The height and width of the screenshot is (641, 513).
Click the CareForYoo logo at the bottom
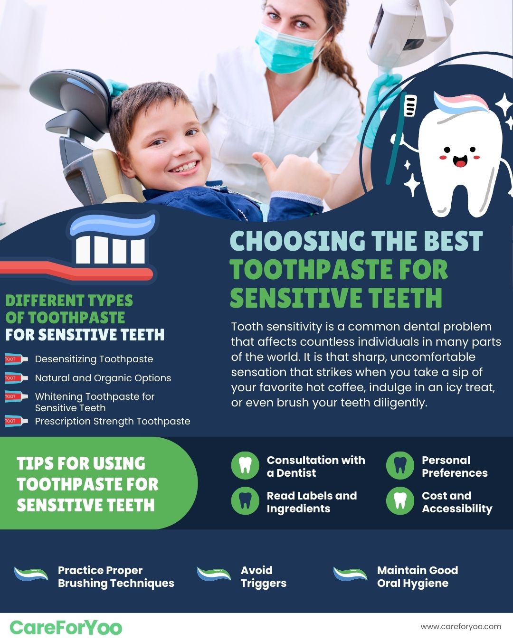[x=66, y=627]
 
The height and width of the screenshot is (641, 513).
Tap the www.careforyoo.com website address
[x=461, y=626]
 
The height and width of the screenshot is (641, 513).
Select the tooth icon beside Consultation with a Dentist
[x=245, y=466]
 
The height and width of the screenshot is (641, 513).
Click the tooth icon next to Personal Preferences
[x=400, y=466]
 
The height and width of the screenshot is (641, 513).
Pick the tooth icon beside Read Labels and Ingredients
[x=245, y=501]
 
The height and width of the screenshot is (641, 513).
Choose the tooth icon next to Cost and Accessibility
[x=400, y=501]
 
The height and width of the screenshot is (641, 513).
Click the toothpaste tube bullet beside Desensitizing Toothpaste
[x=16, y=359]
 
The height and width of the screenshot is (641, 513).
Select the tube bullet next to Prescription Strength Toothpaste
[x=16, y=421]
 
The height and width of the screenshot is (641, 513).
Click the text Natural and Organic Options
[x=103, y=378]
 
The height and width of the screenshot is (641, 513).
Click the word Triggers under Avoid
[x=263, y=583]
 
